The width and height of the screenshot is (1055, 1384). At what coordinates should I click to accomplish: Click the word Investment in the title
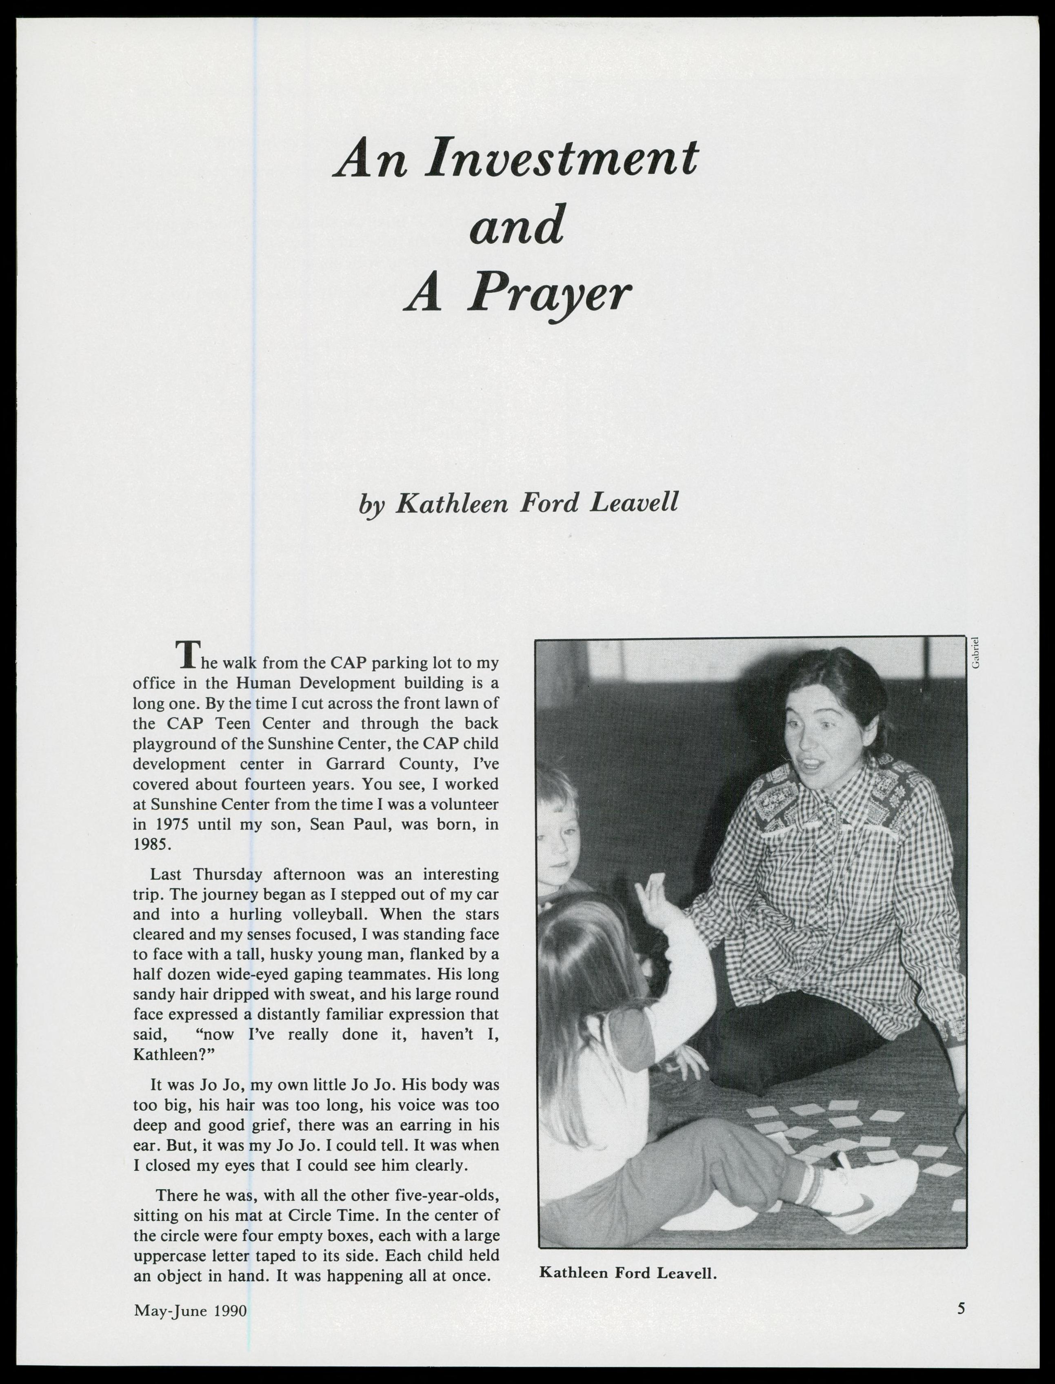click(560, 157)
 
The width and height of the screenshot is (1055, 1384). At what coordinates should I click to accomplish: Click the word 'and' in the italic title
click(516, 225)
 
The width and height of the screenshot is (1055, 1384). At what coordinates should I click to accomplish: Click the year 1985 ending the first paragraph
click(151, 845)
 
